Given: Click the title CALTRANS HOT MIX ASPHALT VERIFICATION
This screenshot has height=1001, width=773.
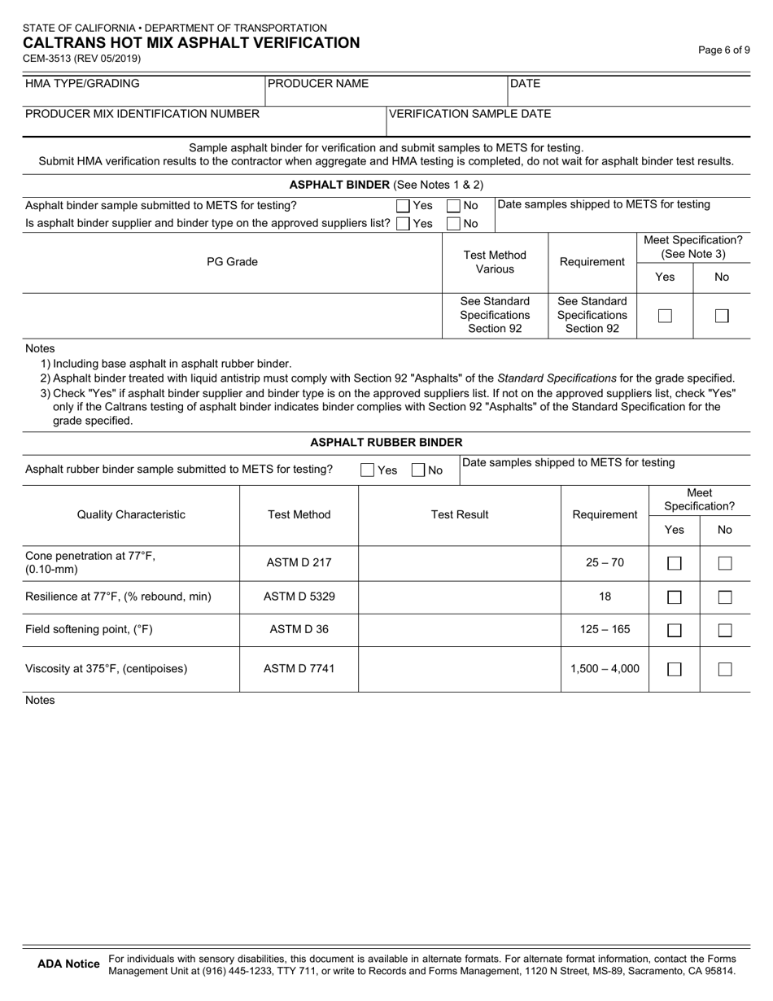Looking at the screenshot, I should [x=191, y=43].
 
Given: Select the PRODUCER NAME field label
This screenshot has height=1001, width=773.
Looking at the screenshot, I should [x=318, y=84].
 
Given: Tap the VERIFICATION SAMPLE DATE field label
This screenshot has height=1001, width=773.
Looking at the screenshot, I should [x=469, y=114].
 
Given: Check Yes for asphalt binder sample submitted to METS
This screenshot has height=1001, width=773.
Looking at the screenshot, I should [x=404, y=207].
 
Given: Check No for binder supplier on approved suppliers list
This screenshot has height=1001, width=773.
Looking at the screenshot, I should [x=454, y=224].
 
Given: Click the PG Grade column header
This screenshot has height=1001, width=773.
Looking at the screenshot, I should [x=232, y=262].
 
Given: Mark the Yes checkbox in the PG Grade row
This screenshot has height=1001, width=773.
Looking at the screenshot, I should [x=665, y=317].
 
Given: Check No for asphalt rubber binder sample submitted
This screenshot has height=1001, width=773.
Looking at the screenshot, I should [x=418, y=470].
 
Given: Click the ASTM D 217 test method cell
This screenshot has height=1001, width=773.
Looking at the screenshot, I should [x=299, y=562].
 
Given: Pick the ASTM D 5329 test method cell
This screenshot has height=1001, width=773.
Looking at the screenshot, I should [x=299, y=597].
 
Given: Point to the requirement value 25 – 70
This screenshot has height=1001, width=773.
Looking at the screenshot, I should [x=605, y=562].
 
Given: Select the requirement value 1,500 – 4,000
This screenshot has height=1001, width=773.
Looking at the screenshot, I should [x=605, y=669].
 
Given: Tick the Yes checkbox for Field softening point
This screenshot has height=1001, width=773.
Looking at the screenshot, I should [x=675, y=630].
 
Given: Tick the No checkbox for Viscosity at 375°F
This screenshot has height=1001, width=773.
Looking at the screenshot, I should [x=725, y=669].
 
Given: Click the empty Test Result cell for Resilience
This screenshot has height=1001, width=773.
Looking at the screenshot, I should [x=460, y=597].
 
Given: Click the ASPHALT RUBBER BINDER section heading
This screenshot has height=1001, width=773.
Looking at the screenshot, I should [x=386, y=443].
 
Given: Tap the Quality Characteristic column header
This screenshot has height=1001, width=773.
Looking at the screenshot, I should [x=131, y=514].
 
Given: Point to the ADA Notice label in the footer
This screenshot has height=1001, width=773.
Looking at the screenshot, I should [x=69, y=964].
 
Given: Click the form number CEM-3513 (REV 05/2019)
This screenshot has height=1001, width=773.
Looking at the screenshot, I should [x=83, y=59].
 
